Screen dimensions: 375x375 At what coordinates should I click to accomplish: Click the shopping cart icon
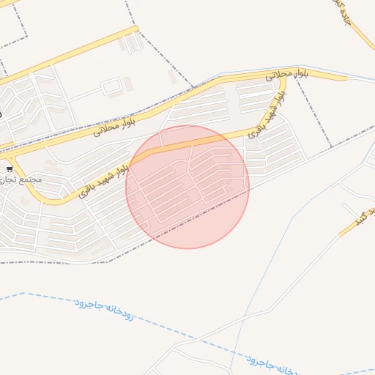(x=9, y=169)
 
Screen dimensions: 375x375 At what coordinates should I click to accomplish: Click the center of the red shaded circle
(x=187, y=187)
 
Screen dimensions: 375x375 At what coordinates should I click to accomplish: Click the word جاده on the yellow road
(x=344, y=14)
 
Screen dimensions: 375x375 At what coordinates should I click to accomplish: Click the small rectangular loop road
(x=112, y=88)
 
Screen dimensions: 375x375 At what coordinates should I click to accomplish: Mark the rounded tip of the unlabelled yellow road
(x=135, y=29)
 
